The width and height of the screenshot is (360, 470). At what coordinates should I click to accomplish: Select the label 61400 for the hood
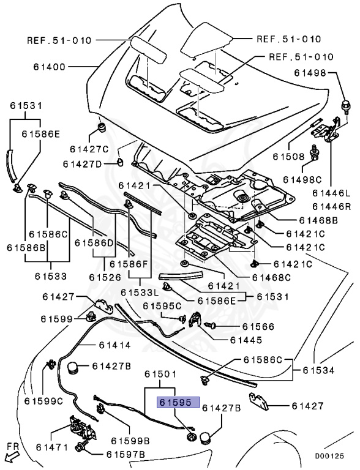49,67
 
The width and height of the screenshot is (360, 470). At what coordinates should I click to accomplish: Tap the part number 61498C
302,179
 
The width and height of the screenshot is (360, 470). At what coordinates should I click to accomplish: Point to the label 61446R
331,206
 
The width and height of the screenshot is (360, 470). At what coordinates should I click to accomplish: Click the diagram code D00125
329,456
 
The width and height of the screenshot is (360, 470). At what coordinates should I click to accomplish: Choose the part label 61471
52,447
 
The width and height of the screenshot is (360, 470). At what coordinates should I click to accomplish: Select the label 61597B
126,455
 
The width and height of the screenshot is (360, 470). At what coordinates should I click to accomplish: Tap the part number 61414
115,345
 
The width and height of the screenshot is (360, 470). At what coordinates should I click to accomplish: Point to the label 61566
258,326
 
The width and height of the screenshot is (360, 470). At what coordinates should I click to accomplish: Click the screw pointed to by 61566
211,324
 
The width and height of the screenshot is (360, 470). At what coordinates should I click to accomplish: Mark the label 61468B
318,220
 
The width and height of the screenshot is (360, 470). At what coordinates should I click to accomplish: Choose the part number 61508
288,157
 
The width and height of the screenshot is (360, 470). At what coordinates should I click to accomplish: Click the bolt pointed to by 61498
345,106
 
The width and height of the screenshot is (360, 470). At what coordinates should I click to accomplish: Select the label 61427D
82,164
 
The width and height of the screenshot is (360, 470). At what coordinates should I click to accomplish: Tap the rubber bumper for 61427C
103,128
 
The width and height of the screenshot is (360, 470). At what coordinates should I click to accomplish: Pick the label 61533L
140,292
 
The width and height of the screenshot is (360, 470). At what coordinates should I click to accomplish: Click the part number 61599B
130,441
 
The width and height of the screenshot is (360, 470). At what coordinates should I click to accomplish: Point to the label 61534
318,370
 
